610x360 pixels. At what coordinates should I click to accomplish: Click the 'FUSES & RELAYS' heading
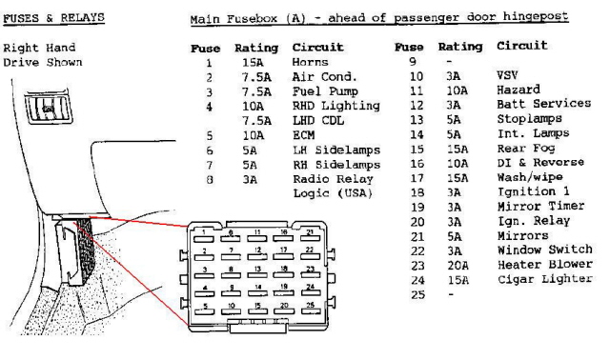[x=53, y=18]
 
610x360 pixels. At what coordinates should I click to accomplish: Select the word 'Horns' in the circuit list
[x=310, y=62]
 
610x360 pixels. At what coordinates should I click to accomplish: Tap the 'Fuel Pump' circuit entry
[x=325, y=91]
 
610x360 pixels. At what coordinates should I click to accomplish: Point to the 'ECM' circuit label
[x=303, y=135]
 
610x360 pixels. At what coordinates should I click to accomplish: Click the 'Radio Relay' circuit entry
[x=333, y=179]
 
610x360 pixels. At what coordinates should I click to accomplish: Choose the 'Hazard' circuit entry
[x=518, y=90]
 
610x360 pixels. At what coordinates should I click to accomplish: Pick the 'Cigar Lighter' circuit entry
[x=545, y=279]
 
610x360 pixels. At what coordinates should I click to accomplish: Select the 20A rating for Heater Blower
[x=457, y=266]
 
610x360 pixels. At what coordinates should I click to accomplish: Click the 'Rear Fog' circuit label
[x=526, y=149]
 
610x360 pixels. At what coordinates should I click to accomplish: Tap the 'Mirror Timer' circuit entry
[x=540, y=206]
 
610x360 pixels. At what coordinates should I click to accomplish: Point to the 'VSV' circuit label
[x=507, y=75]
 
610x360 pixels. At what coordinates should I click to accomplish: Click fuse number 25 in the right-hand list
[x=417, y=294]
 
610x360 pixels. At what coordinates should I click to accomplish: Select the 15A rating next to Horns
[x=253, y=63]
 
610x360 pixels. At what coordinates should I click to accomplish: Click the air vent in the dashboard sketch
[x=49, y=107]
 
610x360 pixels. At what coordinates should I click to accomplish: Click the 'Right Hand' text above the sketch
[x=39, y=48]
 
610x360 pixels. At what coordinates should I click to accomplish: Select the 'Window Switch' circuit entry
[x=545, y=250]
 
